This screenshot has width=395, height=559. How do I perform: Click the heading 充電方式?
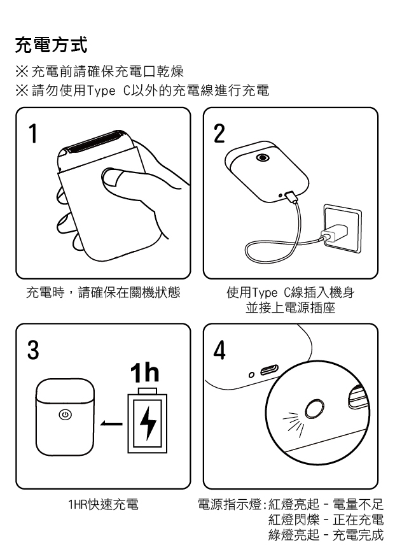(52, 45)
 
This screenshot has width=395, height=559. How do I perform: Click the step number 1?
(33, 133)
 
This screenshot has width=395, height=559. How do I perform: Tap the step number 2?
(219, 134)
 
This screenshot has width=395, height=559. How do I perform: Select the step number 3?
(33, 350)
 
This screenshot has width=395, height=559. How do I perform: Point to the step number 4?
(219, 350)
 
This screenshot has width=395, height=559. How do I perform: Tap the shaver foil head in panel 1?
(94, 142)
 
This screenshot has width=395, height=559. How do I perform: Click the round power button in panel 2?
(263, 157)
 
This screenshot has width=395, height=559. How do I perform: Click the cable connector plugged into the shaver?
(290, 197)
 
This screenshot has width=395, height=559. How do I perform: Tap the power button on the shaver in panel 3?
(65, 414)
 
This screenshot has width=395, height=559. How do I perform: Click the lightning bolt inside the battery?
(148, 423)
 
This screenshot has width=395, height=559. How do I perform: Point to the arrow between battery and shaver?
(111, 423)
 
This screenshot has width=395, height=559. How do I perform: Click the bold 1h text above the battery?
(144, 372)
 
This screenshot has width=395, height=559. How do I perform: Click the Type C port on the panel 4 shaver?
(270, 371)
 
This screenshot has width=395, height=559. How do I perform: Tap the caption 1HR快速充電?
(103, 504)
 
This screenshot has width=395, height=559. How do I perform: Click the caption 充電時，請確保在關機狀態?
(103, 293)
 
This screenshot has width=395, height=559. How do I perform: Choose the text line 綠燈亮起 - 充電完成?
(326, 535)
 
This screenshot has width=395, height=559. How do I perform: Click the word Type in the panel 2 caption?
(264, 293)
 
